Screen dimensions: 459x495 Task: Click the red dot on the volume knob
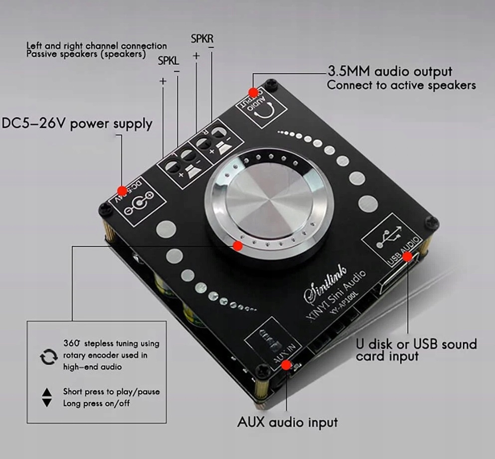click(x=238, y=245)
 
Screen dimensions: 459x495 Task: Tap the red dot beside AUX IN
click(x=286, y=365)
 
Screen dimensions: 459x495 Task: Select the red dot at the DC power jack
click(x=122, y=190)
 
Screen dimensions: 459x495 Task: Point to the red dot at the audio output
click(x=253, y=92)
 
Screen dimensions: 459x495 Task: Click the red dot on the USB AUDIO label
click(x=408, y=256)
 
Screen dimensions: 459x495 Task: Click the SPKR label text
click(x=202, y=39)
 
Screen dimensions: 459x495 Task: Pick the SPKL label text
click(x=168, y=61)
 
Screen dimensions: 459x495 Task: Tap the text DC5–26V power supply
click(x=77, y=124)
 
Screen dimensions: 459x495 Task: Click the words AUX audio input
click(x=287, y=422)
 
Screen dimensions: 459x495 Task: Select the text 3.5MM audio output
click(x=390, y=71)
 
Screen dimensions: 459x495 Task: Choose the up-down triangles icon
click(x=47, y=397)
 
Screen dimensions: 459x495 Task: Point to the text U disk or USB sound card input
click(x=416, y=350)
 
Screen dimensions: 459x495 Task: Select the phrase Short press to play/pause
click(x=111, y=391)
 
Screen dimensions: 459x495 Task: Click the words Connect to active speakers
click(x=401, y=85)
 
